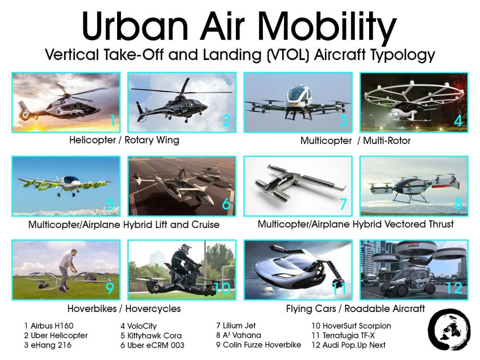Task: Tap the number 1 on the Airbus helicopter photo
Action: [113, 121]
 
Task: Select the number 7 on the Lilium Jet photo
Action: [343, 205]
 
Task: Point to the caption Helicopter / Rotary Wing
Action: [124, 140]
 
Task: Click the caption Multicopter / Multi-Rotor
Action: [355, 140]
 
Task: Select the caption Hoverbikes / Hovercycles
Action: [124, 309]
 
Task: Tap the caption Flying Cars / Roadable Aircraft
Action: [355, 309]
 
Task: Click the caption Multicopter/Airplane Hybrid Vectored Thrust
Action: [355, 224]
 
